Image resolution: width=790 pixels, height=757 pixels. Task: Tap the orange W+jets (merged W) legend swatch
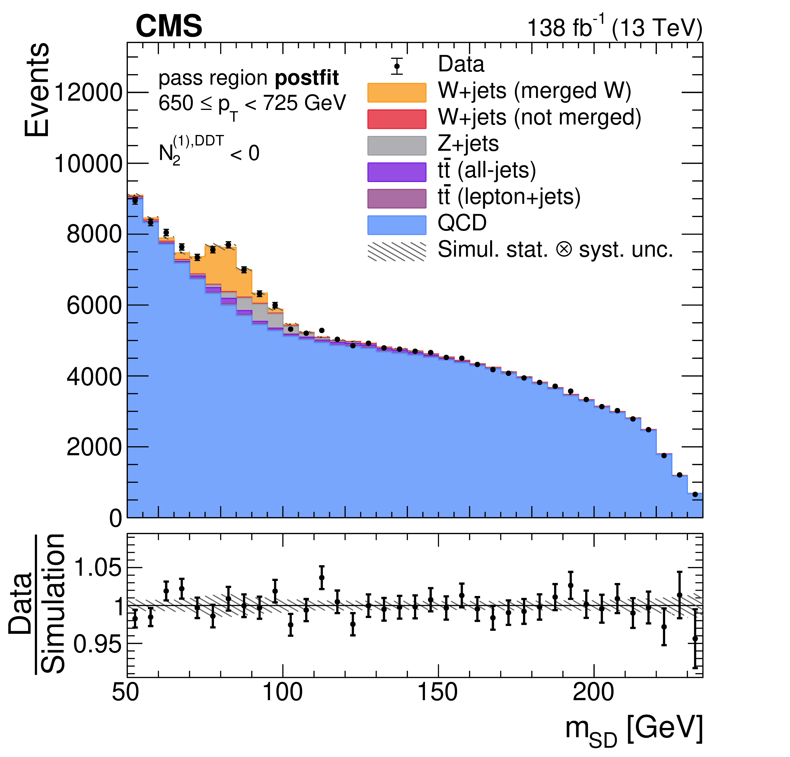pyautogui.click(x=397, y=93)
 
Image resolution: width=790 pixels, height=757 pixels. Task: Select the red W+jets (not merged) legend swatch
pyautogui.click(x=397, y=119)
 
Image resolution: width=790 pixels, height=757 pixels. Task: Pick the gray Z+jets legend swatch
pyautogui.click(x=397, y=145)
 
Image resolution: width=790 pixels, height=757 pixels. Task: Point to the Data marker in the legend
pyautogui.click(x=397, y=66)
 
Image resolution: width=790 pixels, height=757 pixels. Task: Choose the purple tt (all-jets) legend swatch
pyautogui.click(x=397, y=172)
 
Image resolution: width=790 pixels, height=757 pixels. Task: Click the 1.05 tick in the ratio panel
pyautogui.click(x=98, y=568)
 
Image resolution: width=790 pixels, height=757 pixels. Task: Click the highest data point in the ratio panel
pyautogui.click(x=322, y=577)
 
